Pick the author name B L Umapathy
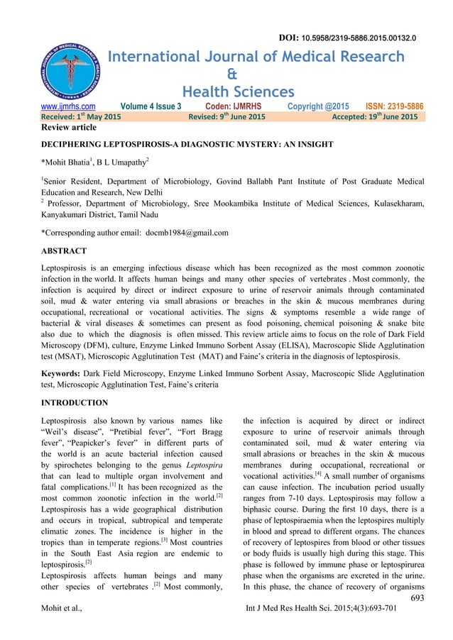coord(123,172)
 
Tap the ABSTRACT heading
coord(65,251)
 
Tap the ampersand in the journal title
coord(231,75)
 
